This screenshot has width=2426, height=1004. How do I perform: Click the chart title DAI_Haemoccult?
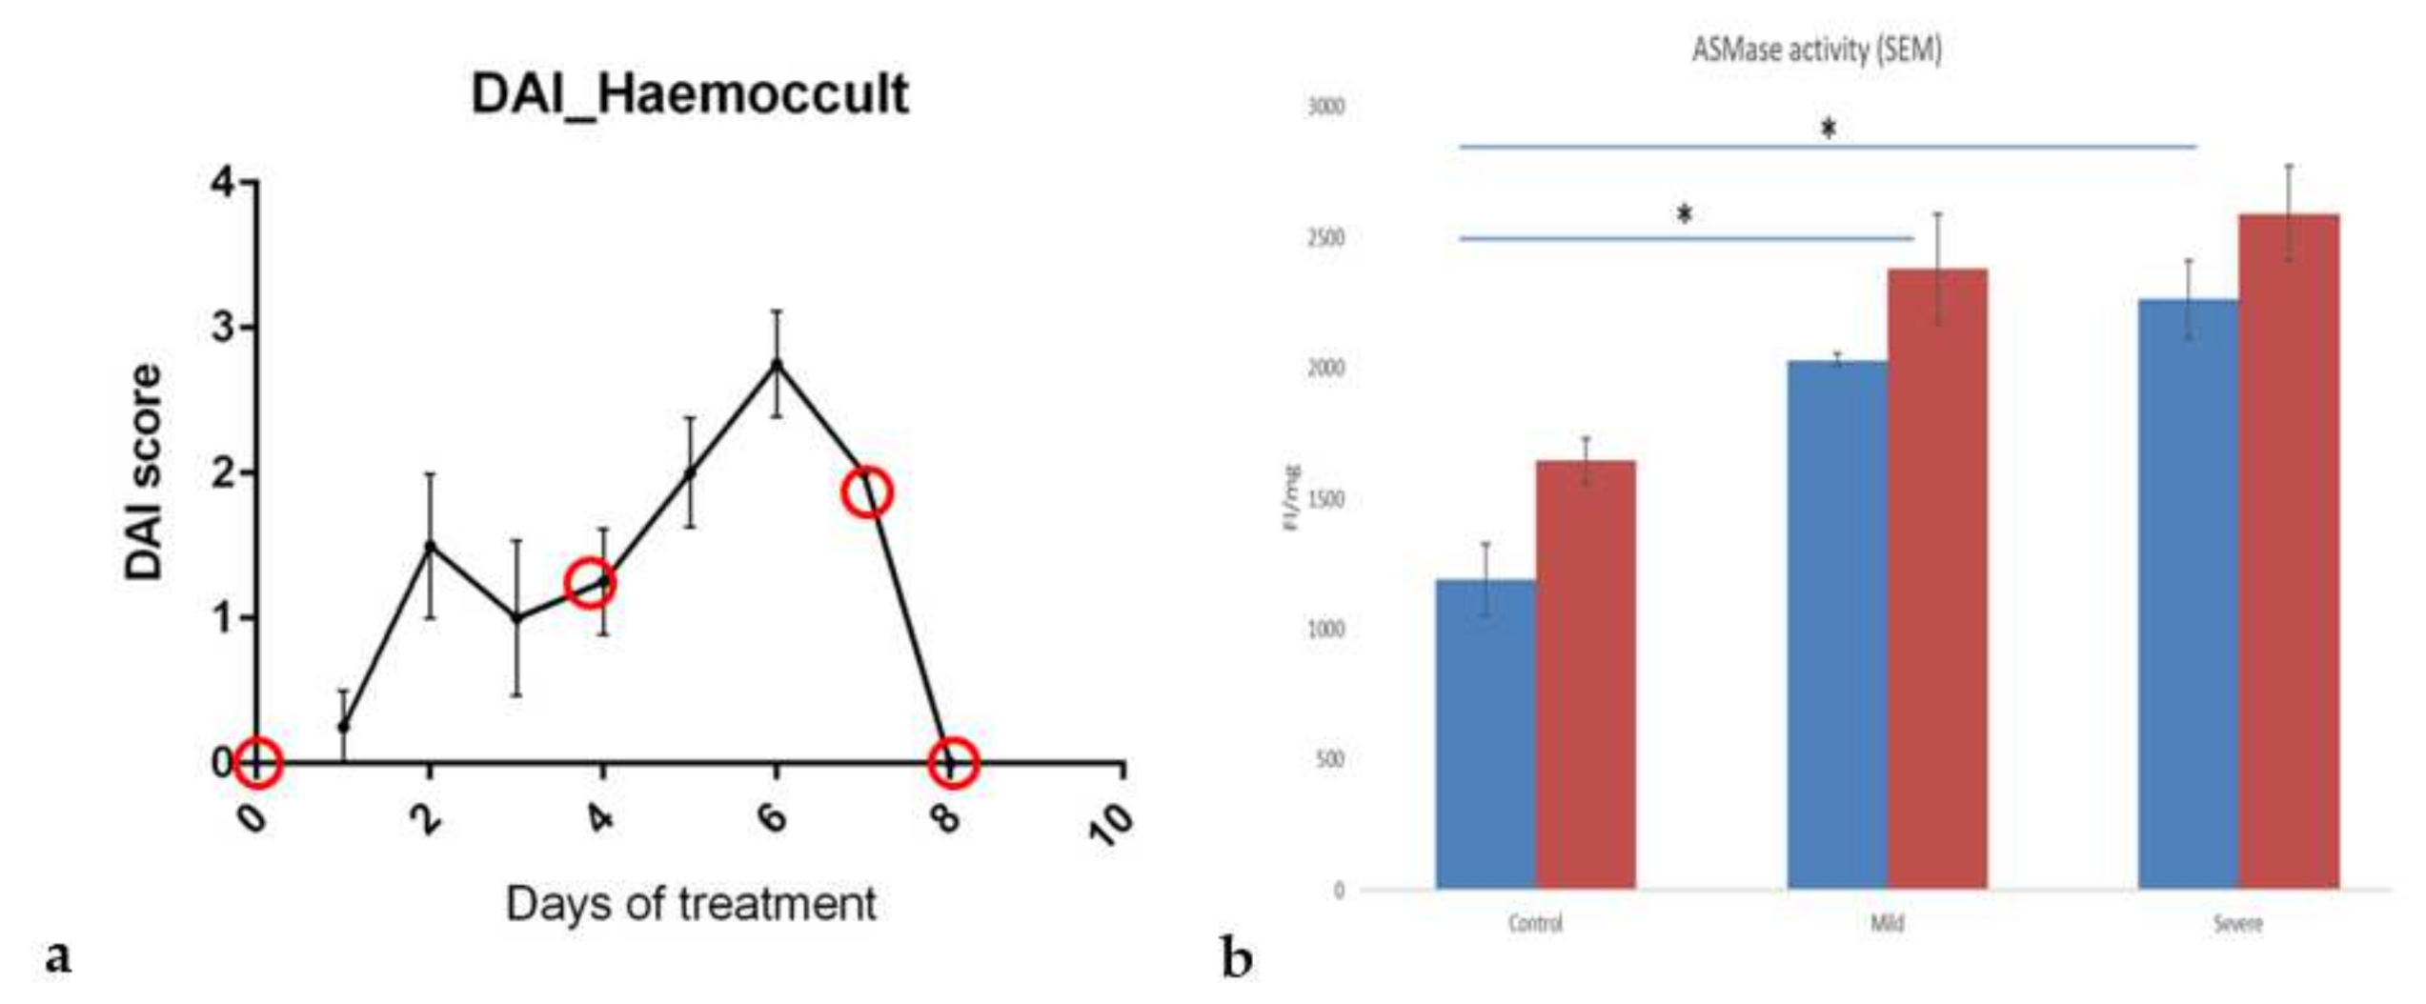click(x=690, y=94)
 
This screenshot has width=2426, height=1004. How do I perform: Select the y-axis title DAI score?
click(x=144, y=472)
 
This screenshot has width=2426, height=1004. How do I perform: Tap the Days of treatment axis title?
click(x=690, y=903)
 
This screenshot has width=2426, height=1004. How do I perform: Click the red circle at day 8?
click(x=952, y=763)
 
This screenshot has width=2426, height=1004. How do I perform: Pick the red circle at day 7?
click(x=867, y=492)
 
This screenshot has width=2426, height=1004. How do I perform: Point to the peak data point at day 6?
click(x=777, y=364)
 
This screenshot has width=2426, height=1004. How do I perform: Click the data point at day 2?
click(x=430, y=546)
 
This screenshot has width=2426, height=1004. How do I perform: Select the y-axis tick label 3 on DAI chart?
click(x=223, y=327)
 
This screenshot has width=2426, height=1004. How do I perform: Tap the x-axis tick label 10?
click(x=1111, y=825)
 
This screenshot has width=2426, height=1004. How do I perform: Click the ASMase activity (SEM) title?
click(x=1816, y=50)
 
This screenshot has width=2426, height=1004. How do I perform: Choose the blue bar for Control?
click(x=1486, y=733)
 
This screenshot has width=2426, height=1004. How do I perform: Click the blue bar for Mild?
click(x=1837, y=624)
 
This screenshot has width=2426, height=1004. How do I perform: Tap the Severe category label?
click(x=2237, y=923)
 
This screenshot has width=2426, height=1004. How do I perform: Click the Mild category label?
click(x=1887, y=923)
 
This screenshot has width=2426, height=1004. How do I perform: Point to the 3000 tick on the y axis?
click(x=1325, y=106)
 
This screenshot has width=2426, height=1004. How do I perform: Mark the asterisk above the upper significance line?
click(x=1828, y=129)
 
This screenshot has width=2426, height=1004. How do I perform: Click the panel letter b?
click(x=1236, y=959)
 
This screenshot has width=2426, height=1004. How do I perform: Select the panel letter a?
click(x=58, y=955)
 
